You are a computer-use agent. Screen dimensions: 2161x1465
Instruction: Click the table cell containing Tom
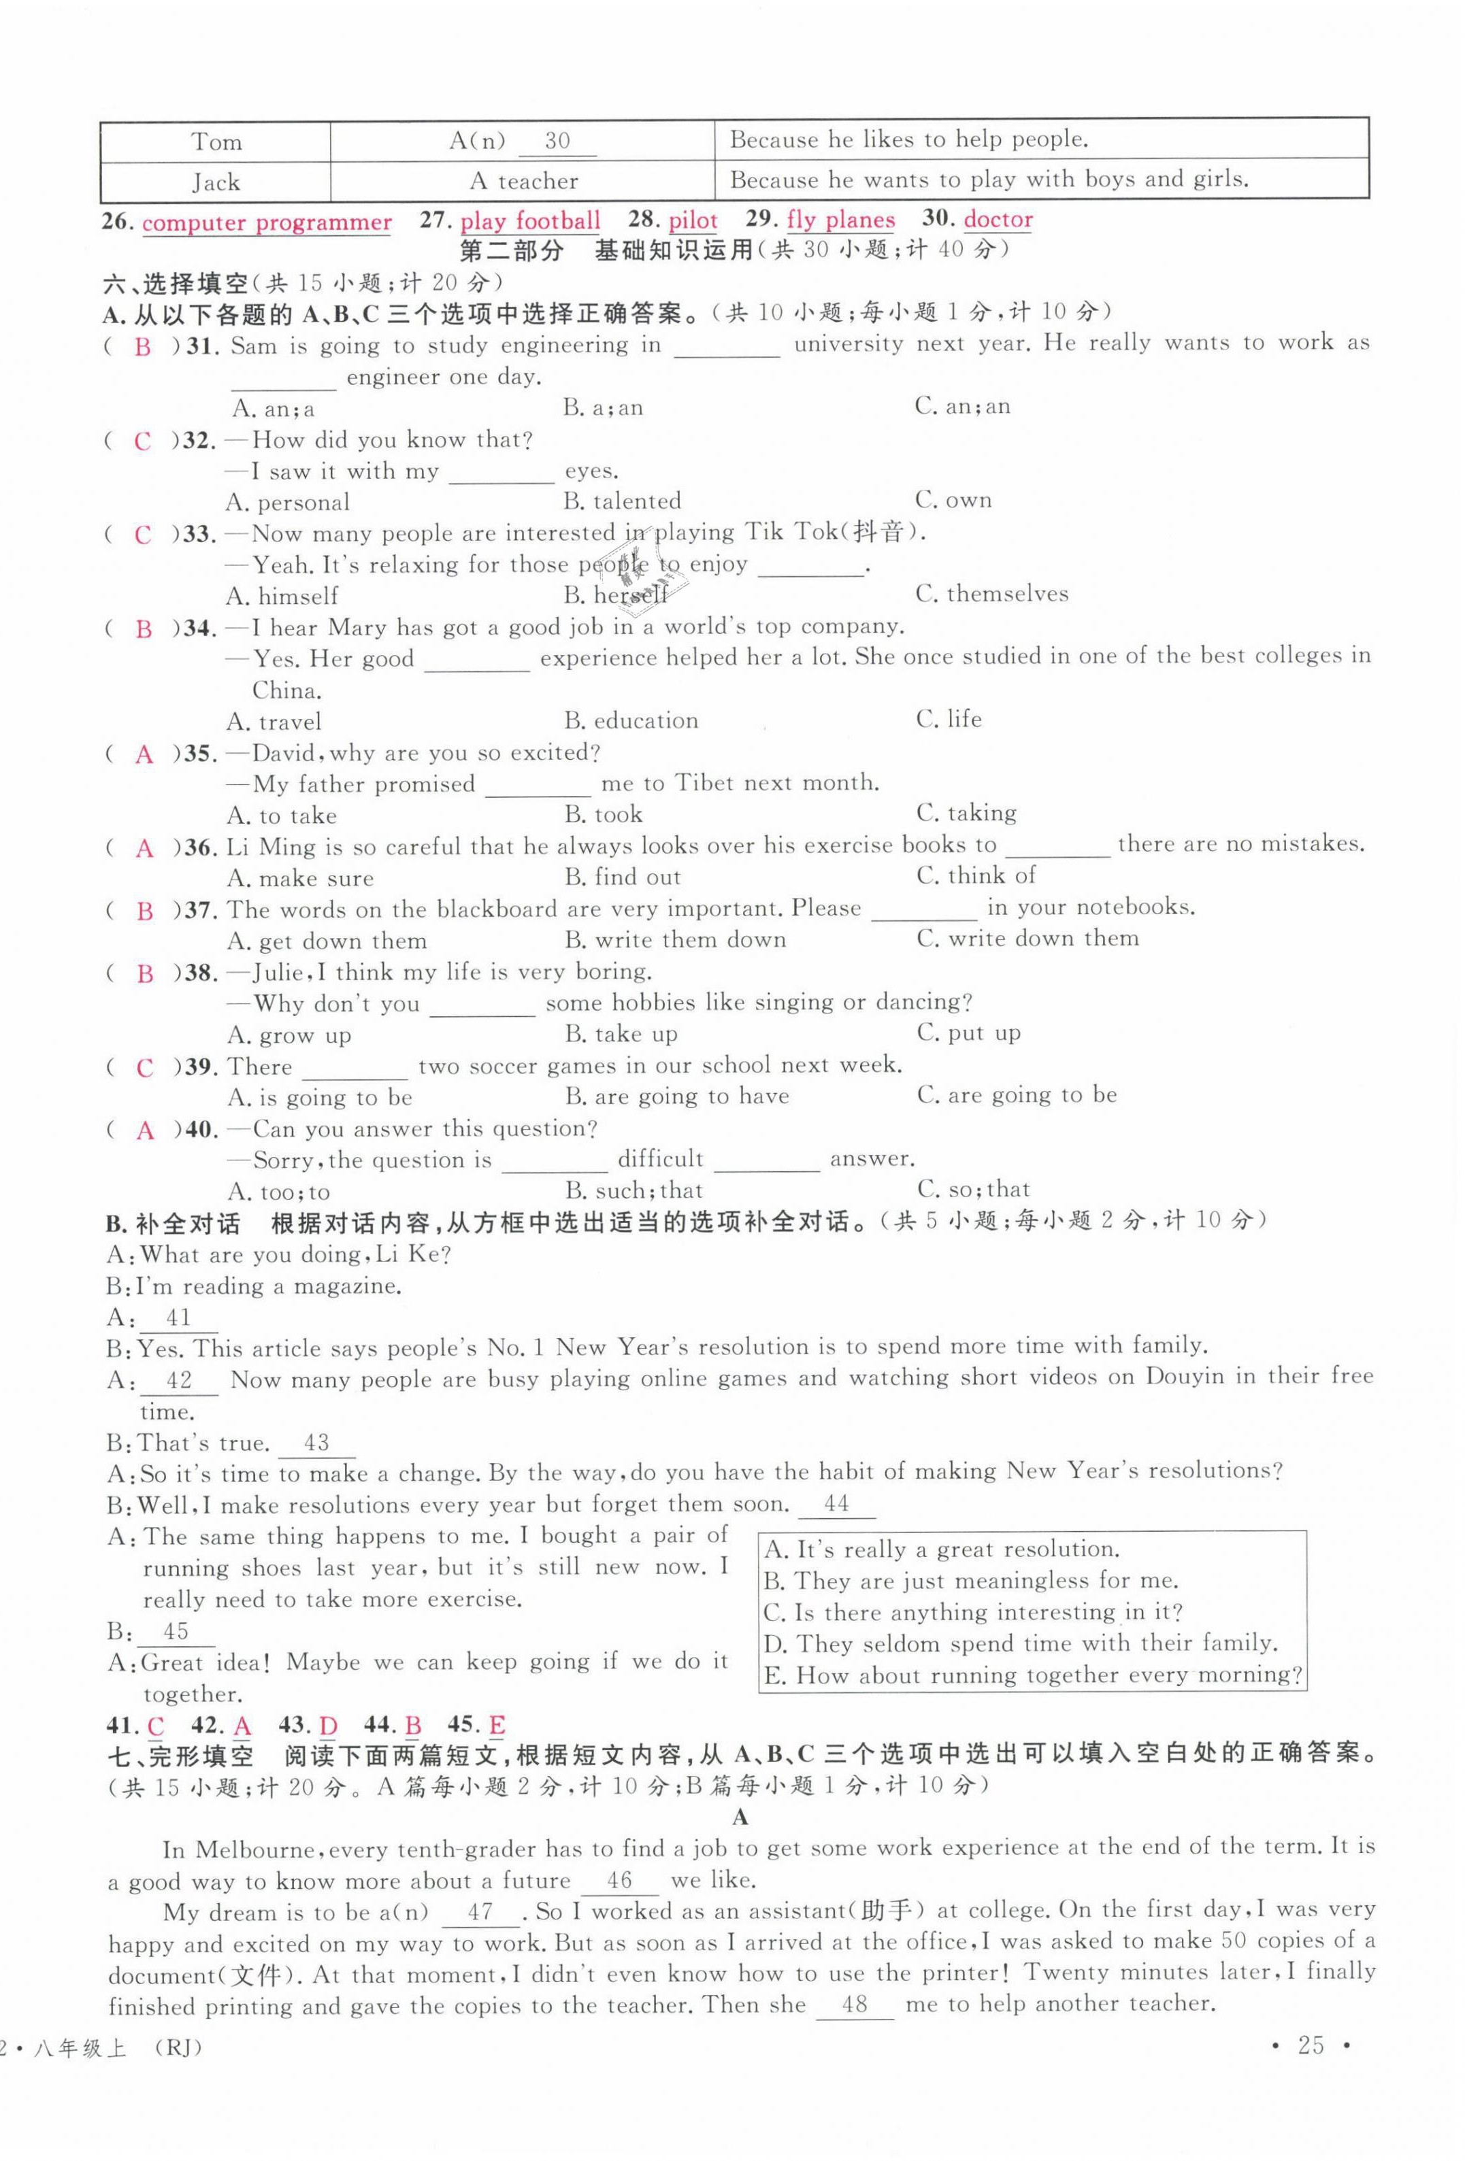click(x=216, y=141)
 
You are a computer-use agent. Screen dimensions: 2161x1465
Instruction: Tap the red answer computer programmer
click(x=266, y=223)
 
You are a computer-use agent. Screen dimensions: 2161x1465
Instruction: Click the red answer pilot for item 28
click(x=692, y=221)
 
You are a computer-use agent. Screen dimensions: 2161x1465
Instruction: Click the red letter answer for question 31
click(x=142, y=347)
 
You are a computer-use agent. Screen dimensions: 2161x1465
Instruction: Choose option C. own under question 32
click(x=953, y=500)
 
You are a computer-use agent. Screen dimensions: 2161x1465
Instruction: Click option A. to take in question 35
click(x=282, y=816)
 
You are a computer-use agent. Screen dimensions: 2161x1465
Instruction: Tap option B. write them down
click(x=674, y=940)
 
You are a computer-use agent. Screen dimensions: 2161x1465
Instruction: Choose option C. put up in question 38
click(x=968, y=1033)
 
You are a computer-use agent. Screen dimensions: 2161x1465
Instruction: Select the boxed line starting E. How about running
click(x=1032, y=1675)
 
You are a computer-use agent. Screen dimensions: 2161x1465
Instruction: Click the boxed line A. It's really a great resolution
click(x=940, y=1549)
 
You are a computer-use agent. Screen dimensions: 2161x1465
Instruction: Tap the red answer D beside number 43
click(x=329, y=1726)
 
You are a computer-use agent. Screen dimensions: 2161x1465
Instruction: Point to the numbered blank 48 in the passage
click(x=854, y=2004)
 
